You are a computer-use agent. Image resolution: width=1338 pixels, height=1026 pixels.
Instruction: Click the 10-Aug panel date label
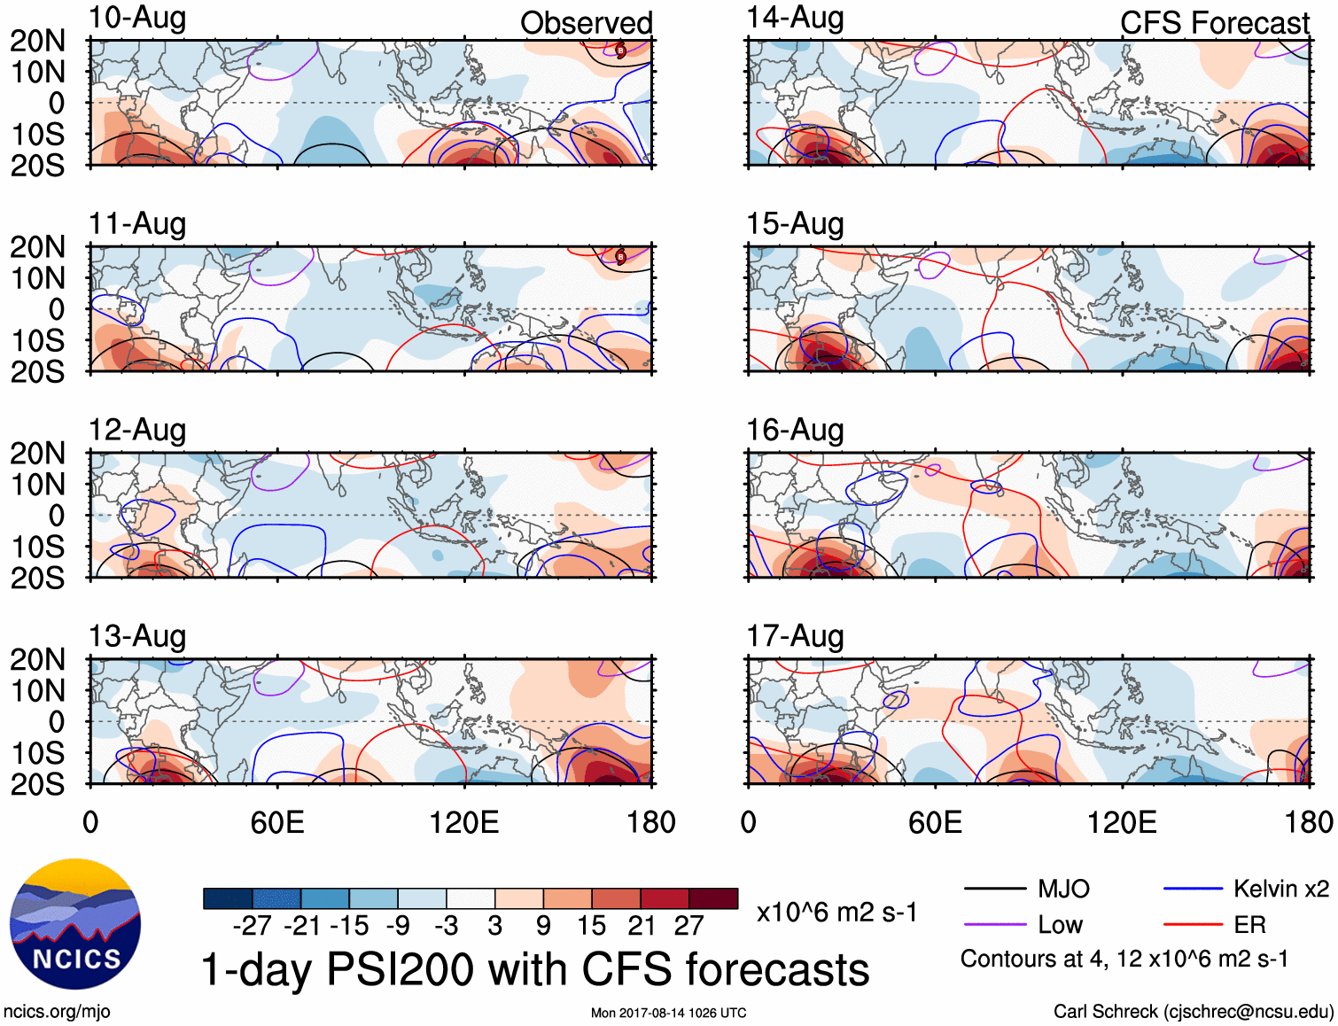(x=137, y=18)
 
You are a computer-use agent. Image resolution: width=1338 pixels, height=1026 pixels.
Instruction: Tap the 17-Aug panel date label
(x=795, y=636)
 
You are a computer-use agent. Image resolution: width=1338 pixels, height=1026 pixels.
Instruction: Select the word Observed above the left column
(x=586, y=23)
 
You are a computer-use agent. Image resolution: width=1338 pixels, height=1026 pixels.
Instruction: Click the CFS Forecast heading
(x=1214, y=23)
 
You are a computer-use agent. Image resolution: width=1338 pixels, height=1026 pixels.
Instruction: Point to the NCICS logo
(x=75, y=924)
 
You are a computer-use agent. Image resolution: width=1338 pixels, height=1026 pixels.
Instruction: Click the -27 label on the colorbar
(x=253, y=926)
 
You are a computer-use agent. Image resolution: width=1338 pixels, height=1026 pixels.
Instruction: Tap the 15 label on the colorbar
(x=591, y=926)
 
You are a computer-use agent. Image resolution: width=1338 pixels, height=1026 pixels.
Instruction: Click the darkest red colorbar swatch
(x=713, y=898)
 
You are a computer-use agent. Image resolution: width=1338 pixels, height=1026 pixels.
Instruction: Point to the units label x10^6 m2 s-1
(x=836, y=913)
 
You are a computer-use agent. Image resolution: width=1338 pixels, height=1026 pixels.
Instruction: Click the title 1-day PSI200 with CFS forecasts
(x=535, y=969)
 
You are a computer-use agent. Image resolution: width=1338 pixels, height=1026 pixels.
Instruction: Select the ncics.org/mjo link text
(x=57, y=1012)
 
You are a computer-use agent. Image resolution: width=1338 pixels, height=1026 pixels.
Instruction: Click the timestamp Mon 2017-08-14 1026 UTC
(x=668, y=1013)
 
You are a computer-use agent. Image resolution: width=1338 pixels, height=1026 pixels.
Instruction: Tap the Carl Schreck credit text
(x=1193, y=1012)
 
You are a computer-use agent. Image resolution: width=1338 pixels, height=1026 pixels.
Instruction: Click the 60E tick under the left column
(x=277, y=822)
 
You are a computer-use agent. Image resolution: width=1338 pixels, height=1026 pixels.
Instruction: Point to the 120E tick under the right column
(x=1122, y=822)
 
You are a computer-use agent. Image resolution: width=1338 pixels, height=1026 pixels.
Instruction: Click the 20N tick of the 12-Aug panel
(x=37, y=454)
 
